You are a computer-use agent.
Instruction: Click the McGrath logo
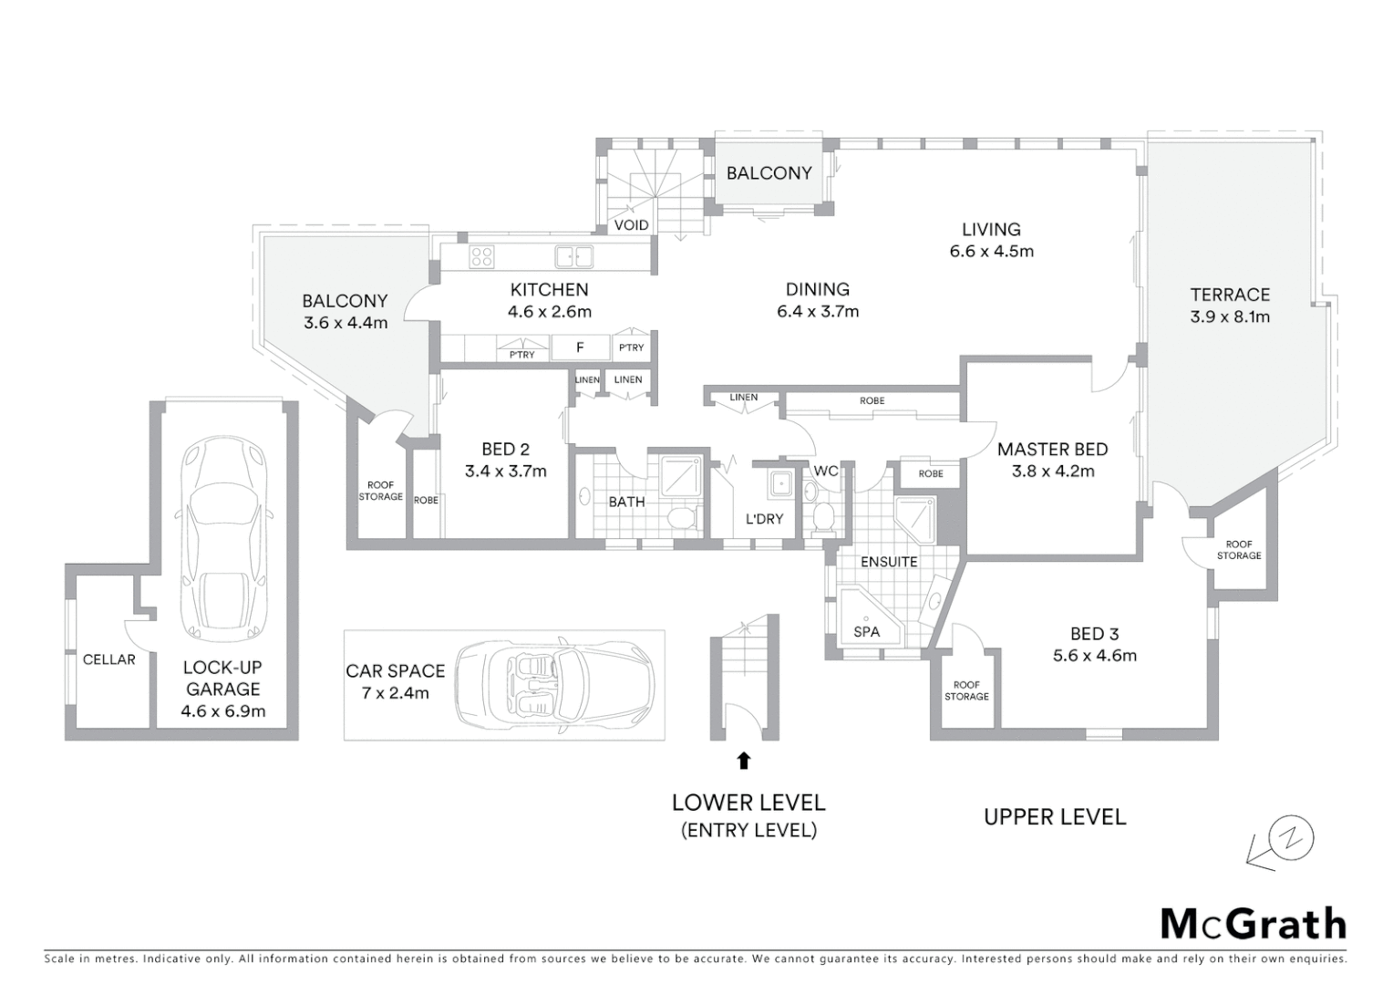[x=1253, y=924]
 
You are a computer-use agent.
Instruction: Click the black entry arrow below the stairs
[x=744, y=759]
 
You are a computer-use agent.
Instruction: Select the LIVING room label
[x=991, y=230]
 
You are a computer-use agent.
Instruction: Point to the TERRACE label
[x=1230, y=295]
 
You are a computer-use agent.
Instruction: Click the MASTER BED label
[x=1052, y=449]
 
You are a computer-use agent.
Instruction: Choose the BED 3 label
[x=1094, y=634]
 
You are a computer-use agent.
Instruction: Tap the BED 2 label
[x=505, y=449]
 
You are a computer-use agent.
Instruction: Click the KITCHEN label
[x=549, y=290]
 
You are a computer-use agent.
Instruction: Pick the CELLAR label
[x=108, y=659]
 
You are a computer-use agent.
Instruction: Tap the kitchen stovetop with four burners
[x=481, y=257]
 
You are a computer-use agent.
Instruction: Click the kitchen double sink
[x=574, y=257]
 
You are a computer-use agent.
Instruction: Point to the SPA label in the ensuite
[x=866, y=631]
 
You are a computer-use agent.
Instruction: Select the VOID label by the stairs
[x=631, y=225]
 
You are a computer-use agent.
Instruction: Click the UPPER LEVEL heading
[x=1055, y=817]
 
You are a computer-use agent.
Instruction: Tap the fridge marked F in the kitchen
[x=580, y=347]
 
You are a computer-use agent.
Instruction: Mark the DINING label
[x=818, y=290]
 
